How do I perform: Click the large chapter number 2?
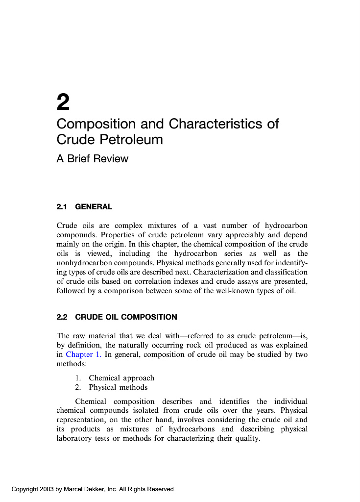63,102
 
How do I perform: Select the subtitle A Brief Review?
92,159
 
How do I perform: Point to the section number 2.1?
62,207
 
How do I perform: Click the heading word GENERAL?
94,207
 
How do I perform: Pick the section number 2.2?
62,317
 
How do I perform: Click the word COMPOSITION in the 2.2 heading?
149,317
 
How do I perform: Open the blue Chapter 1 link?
83,354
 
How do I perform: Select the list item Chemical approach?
121,378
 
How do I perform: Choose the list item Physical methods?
118,387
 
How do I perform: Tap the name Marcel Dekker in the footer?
83,489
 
